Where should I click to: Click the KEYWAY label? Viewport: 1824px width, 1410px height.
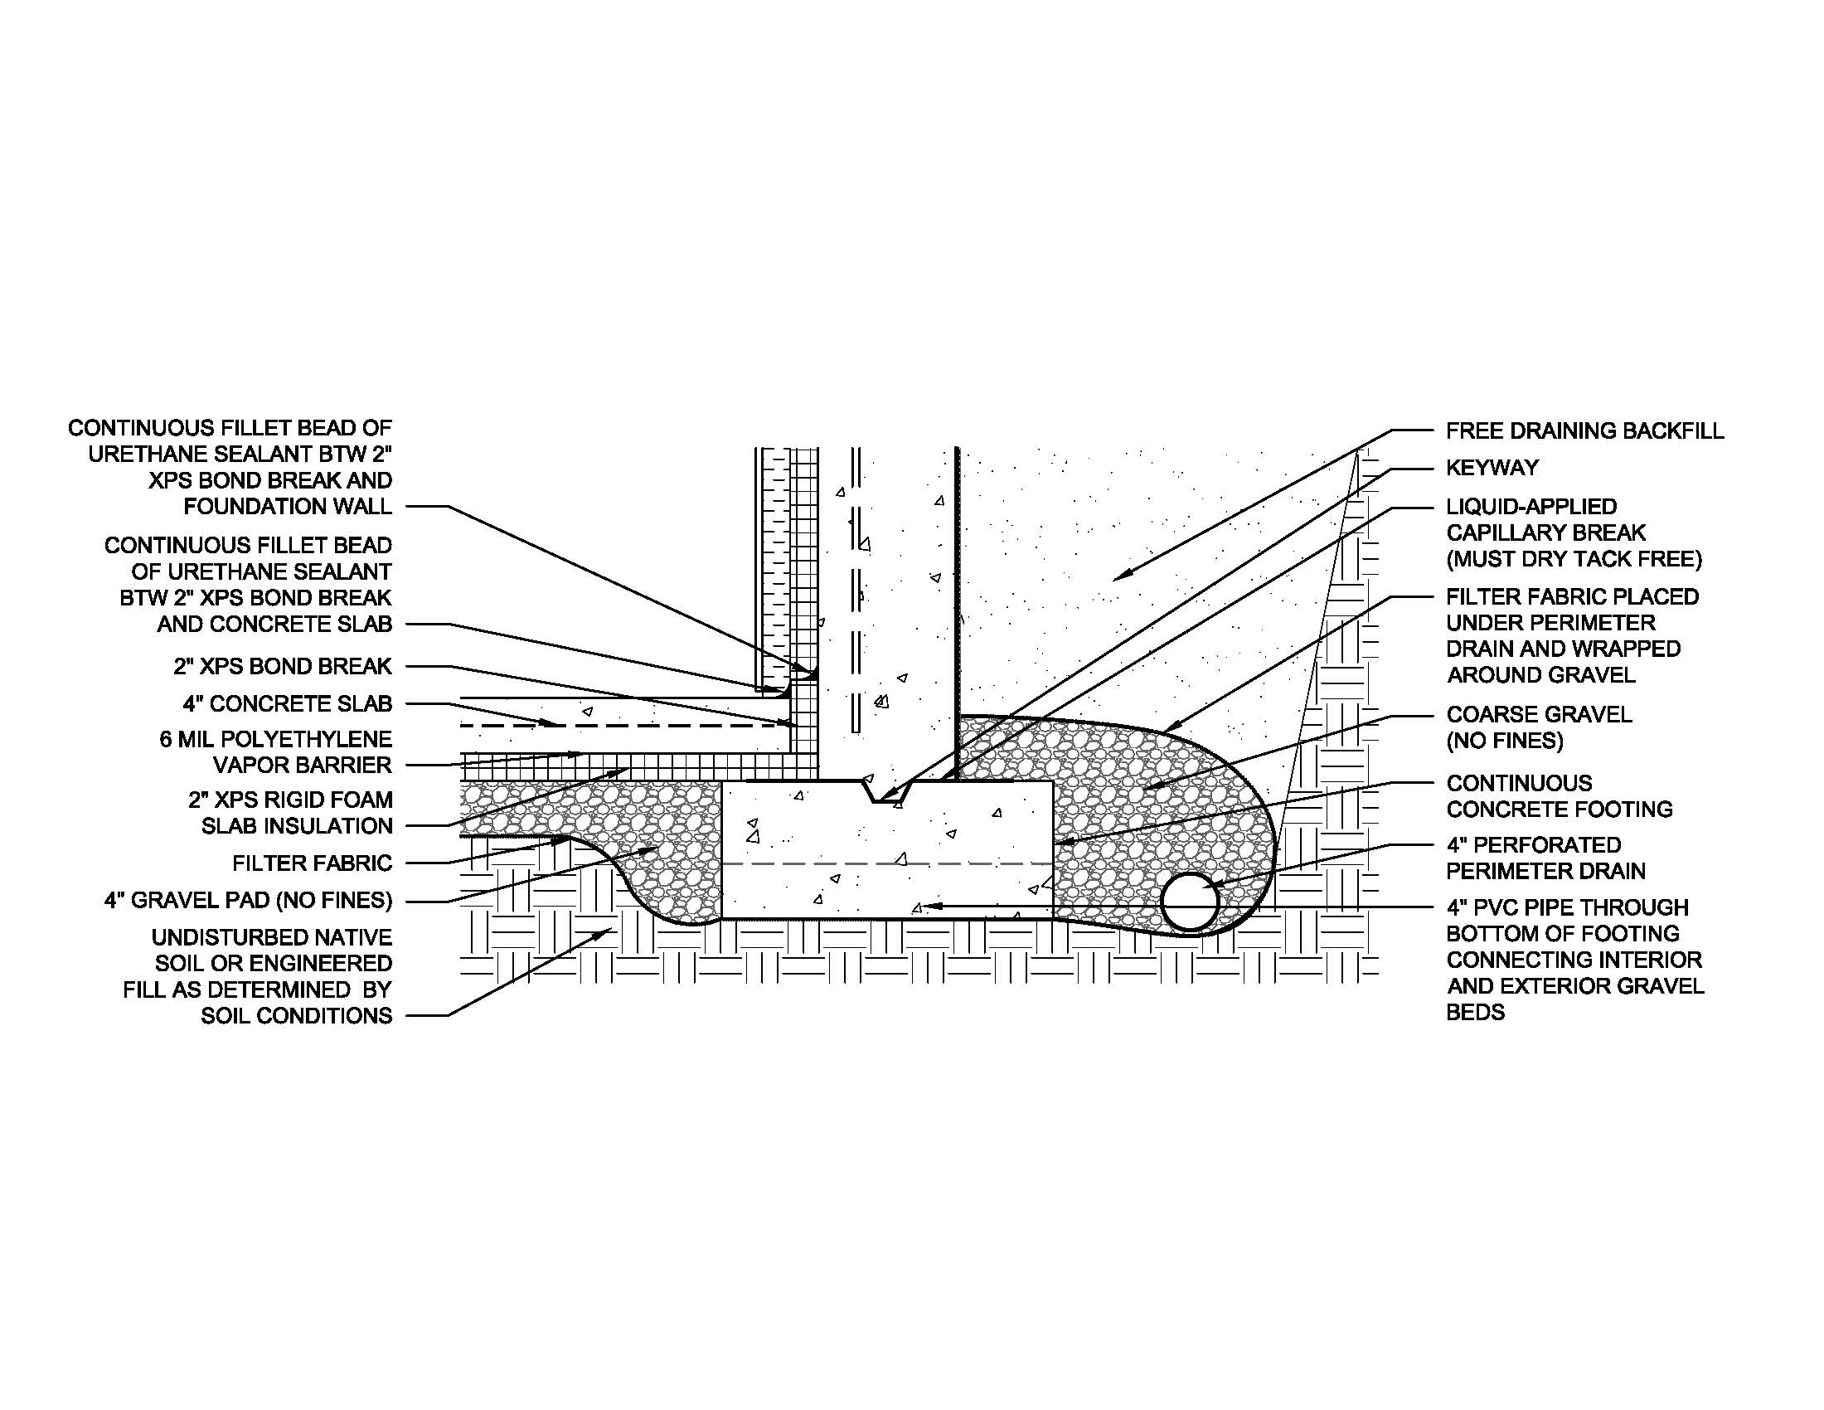coord(1492,468)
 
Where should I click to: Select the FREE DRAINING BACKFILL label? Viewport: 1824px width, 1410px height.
coord(1584,431)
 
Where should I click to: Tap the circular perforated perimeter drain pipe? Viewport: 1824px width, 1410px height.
coord(1191,902)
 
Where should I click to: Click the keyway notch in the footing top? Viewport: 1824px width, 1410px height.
coord(888,791)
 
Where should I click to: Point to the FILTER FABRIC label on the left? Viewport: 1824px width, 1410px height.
coord(313,863)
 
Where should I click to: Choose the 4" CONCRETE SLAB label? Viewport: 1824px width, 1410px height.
coord(289,704)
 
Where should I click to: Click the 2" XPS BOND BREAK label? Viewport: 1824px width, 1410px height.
coord(283,667)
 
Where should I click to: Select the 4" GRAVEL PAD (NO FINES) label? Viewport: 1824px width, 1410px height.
coord(248,901)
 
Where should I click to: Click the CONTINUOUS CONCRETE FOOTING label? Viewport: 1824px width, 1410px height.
coord(1560,796)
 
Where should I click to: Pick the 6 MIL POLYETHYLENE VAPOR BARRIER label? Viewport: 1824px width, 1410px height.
coord(275,751)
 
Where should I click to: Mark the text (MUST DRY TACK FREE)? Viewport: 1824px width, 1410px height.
coord(1574,559)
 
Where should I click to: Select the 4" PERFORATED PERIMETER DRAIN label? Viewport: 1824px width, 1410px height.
coord(1546,858)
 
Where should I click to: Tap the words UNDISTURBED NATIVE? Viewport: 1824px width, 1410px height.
coord(272,937)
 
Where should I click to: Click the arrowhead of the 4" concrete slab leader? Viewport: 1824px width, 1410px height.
coord(549,723)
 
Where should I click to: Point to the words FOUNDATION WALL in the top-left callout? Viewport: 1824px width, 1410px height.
coord(289,507)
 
